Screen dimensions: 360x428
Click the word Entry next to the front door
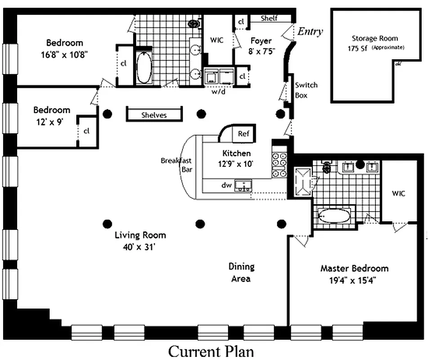tap(310, 31)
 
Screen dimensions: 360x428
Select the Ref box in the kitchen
tap(243, 134)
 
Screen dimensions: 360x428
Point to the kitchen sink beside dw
tap(244, 185)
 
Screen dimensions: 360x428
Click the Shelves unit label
tap(154, 115)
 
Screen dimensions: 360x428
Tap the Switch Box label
tap(306, 90)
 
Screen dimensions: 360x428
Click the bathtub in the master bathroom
tap(334, 216)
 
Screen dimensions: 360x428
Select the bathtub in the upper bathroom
tap(144, 68)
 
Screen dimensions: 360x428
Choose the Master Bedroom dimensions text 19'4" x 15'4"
tap(354, 279)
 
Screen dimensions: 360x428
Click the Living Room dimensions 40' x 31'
tap(140, 247)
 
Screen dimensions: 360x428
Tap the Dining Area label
tap(241, 273)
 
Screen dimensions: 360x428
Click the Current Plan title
tap(211, 351)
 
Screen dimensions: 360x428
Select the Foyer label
tap(261, 41)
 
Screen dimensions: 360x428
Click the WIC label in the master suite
tap(398, 193)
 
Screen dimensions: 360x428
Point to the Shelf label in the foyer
tap(269, 18)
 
